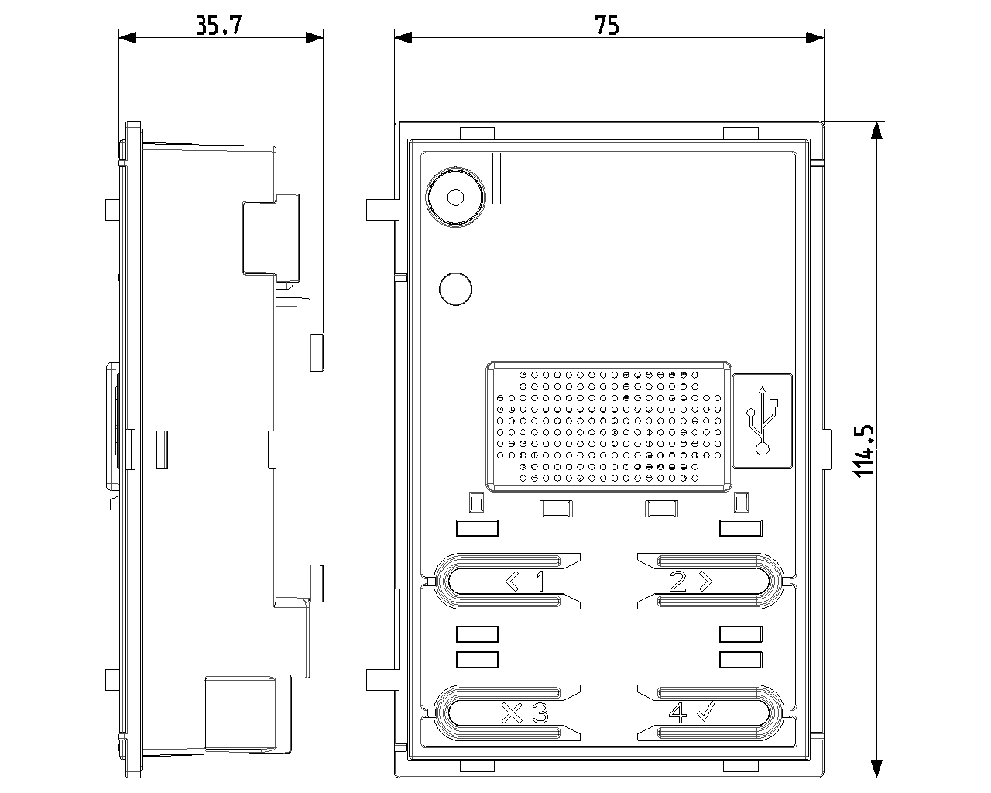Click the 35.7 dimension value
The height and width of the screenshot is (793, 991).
pyautogui.click(x=219, y=26)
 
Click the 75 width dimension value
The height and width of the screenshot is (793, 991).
pyautogui.click(x=608, y=26)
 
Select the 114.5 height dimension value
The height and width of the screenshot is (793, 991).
pyautogui.click(x=864, y=450)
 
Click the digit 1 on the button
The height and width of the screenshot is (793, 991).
pyautogui.click(x=540, y=581)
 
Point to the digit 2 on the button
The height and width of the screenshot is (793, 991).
pyautogui.click(x=677, y=581)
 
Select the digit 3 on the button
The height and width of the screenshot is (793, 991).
pyautogui.click(x=539, y=712)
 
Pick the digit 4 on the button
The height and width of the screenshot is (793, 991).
pyautogui.click(x=677, y=712)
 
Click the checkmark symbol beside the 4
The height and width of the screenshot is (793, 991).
pyautogui.click(x=705, y=712)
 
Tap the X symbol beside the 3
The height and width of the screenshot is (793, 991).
pyautogui.click(x=512, y=712)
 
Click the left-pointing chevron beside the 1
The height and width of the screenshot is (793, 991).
pyautogui.click(x=513, y=581)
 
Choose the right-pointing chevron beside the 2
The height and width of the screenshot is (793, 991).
pyautogui.click(x=705, y=581)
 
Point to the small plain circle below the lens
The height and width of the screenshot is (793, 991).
pyautogui.click(x=455, y=289)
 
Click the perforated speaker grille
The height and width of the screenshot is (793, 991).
pyautogui.click(x=610, y=425)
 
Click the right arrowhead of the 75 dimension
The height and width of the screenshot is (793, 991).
pyautogui.click(x=815, y=36)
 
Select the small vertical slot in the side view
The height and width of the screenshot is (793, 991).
pyautogui.click(x=161, y=450)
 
